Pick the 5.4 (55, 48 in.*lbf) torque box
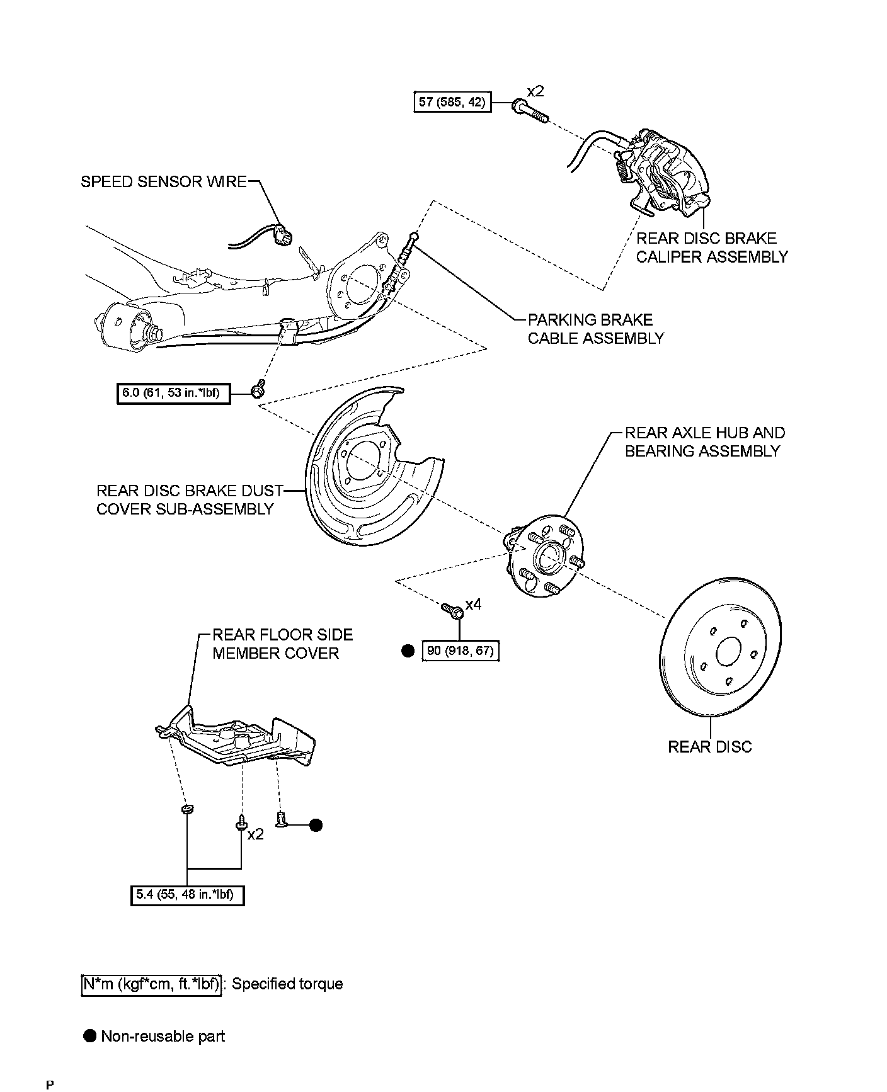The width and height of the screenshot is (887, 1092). [x=187, y=895]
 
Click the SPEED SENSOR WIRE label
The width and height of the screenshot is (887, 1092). [x=164, y=182]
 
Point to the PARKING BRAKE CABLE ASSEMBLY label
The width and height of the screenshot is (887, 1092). [x=595, y=329]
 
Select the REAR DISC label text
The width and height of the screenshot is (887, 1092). [x=709, y=747]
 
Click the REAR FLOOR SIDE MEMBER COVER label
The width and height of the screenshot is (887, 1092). [x=282, y=644]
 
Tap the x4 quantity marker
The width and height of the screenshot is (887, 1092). [x=473, y=605]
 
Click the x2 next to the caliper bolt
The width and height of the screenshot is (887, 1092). [x=535, y=91]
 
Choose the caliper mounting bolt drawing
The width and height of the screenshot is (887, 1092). [x=530, y=110]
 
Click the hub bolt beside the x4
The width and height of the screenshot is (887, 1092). [x=452, y=610]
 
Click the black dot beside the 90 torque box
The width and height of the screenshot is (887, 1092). [x=408, y=651]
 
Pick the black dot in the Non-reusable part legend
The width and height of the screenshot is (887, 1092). [x=90, y=1036]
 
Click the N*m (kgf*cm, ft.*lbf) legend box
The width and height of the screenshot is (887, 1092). [x=152, y=984]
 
